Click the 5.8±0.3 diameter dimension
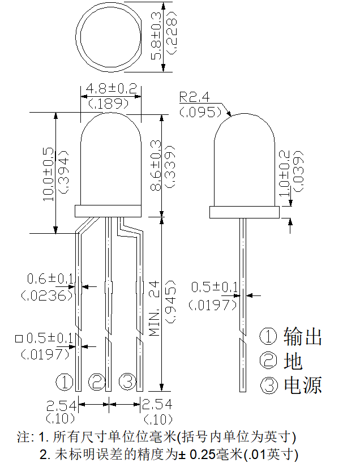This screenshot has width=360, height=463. (x=156, y=36)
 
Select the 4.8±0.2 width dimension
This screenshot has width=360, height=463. (x=112, y=88)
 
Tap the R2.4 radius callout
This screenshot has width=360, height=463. (x=194, y=97)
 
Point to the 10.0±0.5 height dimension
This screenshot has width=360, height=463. (x=49, y=174)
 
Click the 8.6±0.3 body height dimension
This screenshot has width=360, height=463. (x=156, y=165)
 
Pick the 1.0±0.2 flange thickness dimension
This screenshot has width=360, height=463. (x=284, y=173)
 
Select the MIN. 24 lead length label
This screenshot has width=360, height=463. (x=154, y=308)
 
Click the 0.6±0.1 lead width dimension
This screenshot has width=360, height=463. (x=50, y=278)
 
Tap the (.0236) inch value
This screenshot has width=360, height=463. (x=46, y=295)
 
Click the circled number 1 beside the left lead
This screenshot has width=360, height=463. (x=65, y=381)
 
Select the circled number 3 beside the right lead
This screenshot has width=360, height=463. (x=127, y=381)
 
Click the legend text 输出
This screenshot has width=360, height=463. (x=303, y=336)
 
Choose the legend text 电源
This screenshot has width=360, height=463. (x=303, y=385)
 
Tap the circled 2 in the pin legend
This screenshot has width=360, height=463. (x=268, y=361)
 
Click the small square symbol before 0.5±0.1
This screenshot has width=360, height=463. (x=19, y=338)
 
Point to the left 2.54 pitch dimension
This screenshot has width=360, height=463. (x=61, y=406)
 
